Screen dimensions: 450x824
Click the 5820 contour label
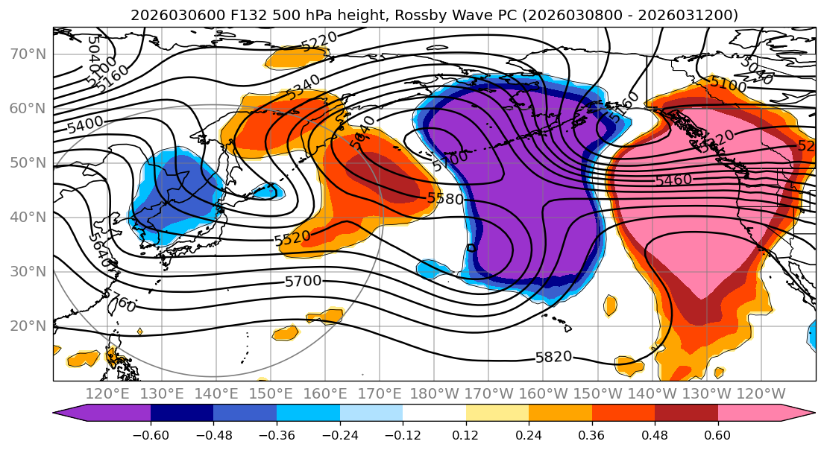[x=554, y=357]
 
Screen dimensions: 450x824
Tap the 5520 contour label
[x=292, y=239]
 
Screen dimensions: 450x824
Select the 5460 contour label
[x=673, y=180]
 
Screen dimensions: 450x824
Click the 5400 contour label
[x=85, y=124]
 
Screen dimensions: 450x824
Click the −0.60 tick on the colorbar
[x=151, y=434]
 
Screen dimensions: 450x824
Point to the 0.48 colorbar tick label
[x=655, y=434]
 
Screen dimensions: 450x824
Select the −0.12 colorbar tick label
[x=403, y=434]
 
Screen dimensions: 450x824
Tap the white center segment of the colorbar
[x=434, y=413]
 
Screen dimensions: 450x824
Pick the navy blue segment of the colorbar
[x=182, y=413]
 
